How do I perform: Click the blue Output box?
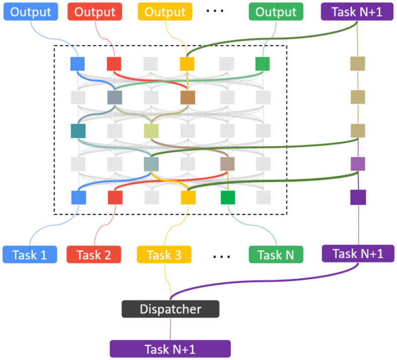coord(31,12)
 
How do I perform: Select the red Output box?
coord(95,12)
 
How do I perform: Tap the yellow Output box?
coord(165,12)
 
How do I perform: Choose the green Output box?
coord(276,12)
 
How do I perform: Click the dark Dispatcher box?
coord(171,309)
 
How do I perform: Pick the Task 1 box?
coord(30,255)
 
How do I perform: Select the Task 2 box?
coord(94,255)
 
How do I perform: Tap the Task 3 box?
coord(164,255)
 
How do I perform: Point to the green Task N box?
coord(276,255)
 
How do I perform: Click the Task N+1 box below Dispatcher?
coord(170,349)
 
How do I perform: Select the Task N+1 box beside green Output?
coord(357,12)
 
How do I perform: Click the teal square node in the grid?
coord(78,131)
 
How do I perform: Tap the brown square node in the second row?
coord(188,97)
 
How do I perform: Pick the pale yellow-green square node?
coord(151,131)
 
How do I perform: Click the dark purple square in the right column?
coord(358,197)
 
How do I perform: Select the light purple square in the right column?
coord(358,164)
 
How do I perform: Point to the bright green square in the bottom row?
coord(228,198)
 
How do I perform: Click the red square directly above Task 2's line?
coord(115,198)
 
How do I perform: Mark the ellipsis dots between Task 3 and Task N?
coord(221,257)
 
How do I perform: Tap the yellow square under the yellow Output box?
coord(187,64)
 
